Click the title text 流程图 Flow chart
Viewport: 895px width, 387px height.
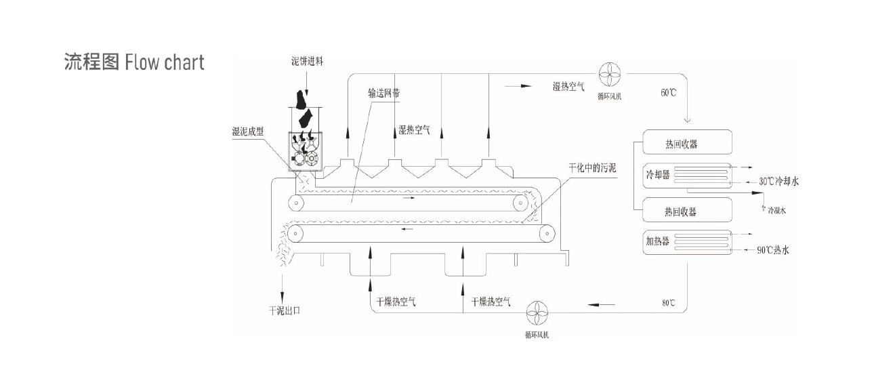click(133, 62)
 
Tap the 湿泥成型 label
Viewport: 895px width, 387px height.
click(252, 131)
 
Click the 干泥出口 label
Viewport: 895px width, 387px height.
click(285, 311)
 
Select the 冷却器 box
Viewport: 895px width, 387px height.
click(687, 176)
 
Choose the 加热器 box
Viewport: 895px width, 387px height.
click(687, 242)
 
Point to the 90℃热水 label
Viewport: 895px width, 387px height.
click(773, 250)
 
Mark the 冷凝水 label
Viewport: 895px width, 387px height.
click(776, 211)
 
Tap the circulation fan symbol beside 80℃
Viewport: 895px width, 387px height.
click(541, 312)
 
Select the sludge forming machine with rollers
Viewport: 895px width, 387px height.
click(304, 152)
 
